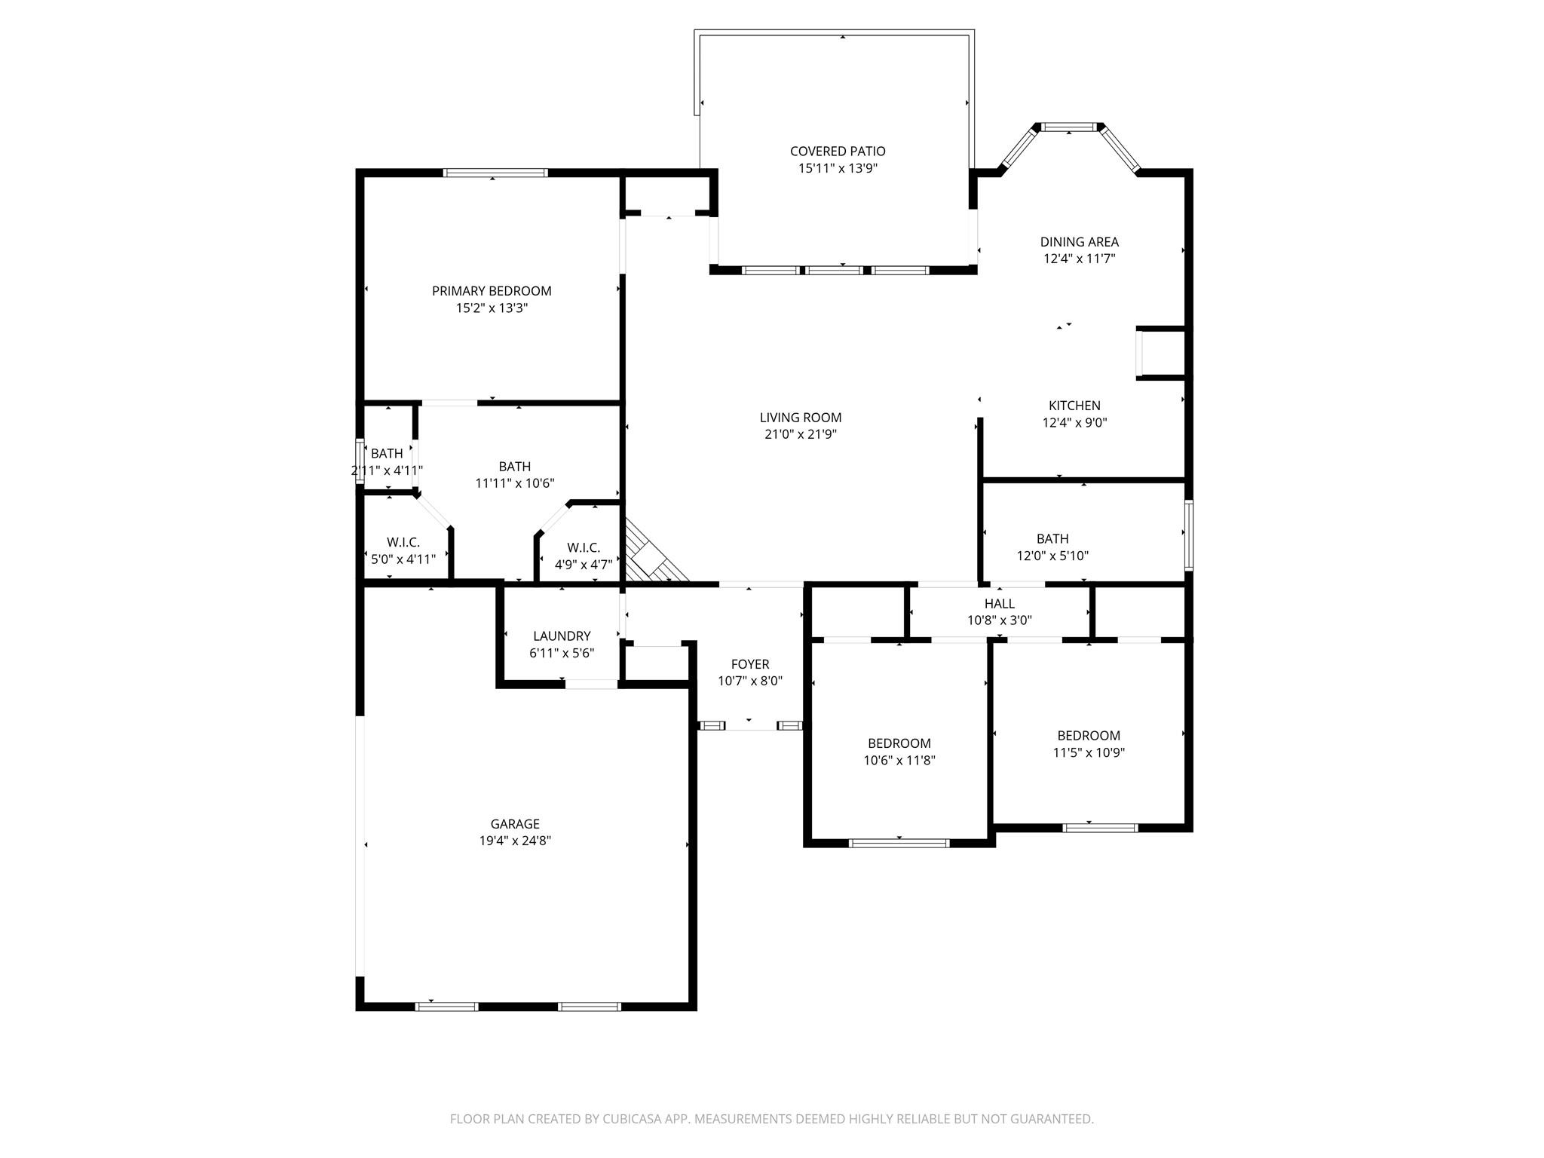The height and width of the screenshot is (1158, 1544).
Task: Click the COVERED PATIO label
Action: pos(837,152)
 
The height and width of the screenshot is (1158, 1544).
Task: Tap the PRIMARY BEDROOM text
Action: pos(492,291)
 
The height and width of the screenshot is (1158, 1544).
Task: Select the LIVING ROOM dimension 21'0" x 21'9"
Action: pos(800,434)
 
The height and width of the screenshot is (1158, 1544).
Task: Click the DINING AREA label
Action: pos(1079,242)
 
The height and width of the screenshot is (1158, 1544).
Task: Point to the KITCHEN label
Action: pos(1074,406)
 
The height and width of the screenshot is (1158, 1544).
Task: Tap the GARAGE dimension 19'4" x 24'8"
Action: pos(515,841)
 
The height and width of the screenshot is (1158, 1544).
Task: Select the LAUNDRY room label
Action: pos(562,636)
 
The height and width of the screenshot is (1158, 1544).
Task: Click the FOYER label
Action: pos(749,664)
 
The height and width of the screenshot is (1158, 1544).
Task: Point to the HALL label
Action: pos(999,604)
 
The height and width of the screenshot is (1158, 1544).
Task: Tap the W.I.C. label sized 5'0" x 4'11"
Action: pos(403,543)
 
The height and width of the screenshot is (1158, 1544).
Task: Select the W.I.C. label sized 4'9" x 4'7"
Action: pos(584,548)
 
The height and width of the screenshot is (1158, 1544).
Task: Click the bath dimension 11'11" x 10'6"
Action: pos(515,483)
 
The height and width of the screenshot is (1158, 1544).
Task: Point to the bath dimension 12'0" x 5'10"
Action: pos(1052,556)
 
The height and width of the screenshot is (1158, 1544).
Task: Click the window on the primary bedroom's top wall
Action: pos(495,173)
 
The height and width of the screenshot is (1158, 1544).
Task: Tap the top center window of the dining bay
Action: pos(1068,127)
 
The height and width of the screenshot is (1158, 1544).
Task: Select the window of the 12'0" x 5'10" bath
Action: pos(1187,535)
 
